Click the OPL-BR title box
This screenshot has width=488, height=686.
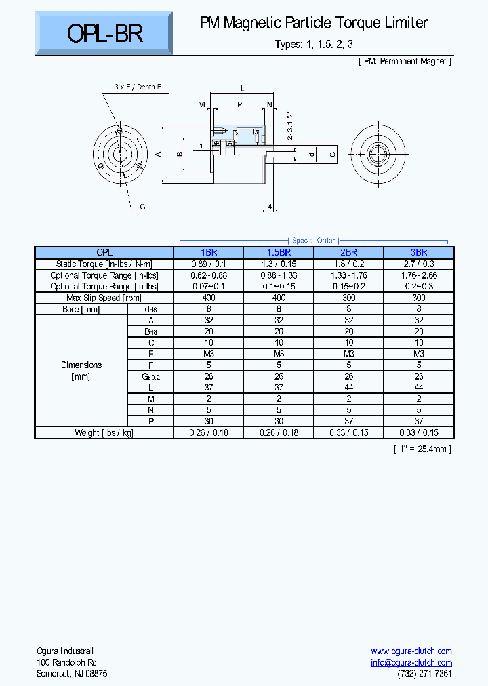point(105,33)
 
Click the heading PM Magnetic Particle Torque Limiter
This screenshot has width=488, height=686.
point(313,23)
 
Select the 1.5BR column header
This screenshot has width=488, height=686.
point(278,252)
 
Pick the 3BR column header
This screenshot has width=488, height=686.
point(419,252)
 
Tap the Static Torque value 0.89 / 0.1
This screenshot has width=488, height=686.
point(209,264)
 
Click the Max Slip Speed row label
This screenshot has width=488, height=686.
point(104,298)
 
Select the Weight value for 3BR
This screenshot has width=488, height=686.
point(419,432)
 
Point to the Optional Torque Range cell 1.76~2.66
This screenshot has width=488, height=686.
point(419,275)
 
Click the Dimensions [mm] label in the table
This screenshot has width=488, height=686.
point(81,370)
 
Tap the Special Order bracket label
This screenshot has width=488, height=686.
point(313,241)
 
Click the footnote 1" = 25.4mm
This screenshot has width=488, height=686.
point(422,449)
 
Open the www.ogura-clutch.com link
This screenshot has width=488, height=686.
point(411,651)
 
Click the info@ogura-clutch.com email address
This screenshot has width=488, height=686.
point(411,662)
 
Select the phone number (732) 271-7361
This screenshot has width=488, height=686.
point(424,673)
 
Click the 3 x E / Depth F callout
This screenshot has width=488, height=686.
point(138,87)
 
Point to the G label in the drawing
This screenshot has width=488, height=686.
point(142,206)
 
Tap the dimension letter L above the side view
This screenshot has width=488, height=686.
point(242,88)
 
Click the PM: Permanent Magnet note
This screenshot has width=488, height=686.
point(404,61)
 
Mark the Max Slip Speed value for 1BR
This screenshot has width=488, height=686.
point(209,298)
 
